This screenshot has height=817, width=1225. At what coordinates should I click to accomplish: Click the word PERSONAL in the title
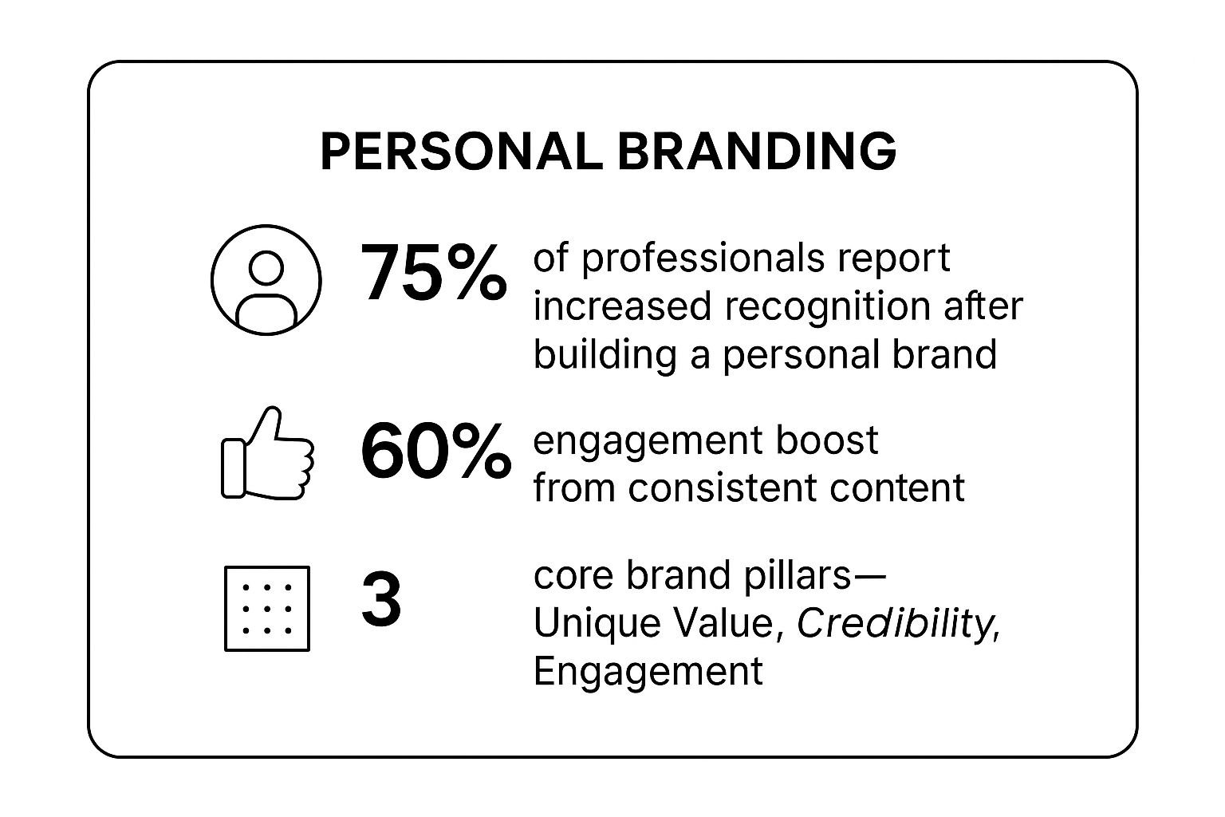pyautogui.click(x=462, y=152)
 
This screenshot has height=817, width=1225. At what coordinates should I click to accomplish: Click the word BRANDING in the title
pyautogui.click(x=757, y=152)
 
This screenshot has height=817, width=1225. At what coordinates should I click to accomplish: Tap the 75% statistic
pyautogui.click(x=433, y=273)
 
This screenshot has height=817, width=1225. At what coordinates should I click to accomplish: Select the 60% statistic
pyautogui.click(x=436, y=451)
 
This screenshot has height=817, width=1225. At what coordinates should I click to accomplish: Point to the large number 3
pyautogui.click(x=382, y=599)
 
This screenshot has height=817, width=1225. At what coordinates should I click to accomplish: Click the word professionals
pyautogui.click(x=703, y=259)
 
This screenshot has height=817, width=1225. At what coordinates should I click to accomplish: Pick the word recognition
pyautogui.click(x=827, y=306)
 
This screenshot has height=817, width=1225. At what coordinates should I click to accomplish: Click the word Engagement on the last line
pyautogui.click(x=648, y=672)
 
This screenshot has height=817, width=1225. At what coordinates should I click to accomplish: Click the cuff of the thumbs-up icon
pyautogui.click(x=234, y=468)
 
